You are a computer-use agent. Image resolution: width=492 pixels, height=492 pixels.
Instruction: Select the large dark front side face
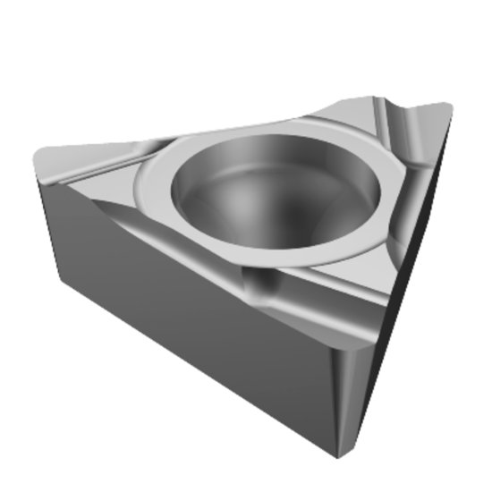tap(188, 304)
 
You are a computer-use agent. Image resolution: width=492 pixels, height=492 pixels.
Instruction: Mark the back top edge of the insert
tap(224, 130)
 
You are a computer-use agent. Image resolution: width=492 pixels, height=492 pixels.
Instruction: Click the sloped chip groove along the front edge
tap(224, 268)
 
